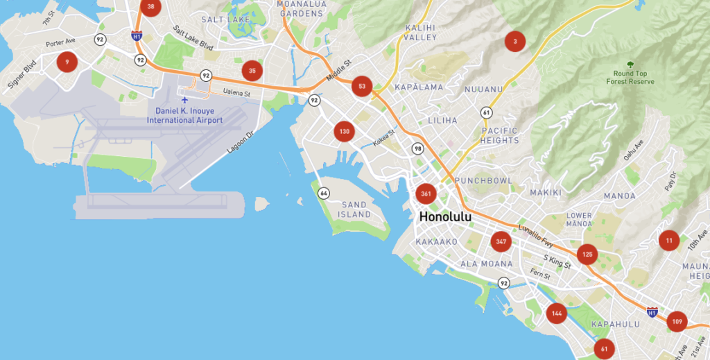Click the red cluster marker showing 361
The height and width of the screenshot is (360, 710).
click(x=426, y=194)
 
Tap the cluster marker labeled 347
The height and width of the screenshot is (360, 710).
click(x=501, y=242)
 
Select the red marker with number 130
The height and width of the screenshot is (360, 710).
click(x=344, y=130)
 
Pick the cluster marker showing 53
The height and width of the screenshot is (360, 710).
click(x=361, y=87)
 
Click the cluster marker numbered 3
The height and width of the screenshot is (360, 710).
click(x=514, y=42)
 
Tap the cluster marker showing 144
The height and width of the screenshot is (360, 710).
click(x=556, y=314)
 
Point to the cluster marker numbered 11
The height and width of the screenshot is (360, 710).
click(x=669, y=241)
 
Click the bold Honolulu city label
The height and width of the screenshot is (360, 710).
click(x=445, y=217)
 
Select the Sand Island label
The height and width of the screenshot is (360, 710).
click(x=354, y=209)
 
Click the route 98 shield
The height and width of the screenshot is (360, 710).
click(x=417, y=148)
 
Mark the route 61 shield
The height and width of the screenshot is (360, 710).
click(x=487, y=112)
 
